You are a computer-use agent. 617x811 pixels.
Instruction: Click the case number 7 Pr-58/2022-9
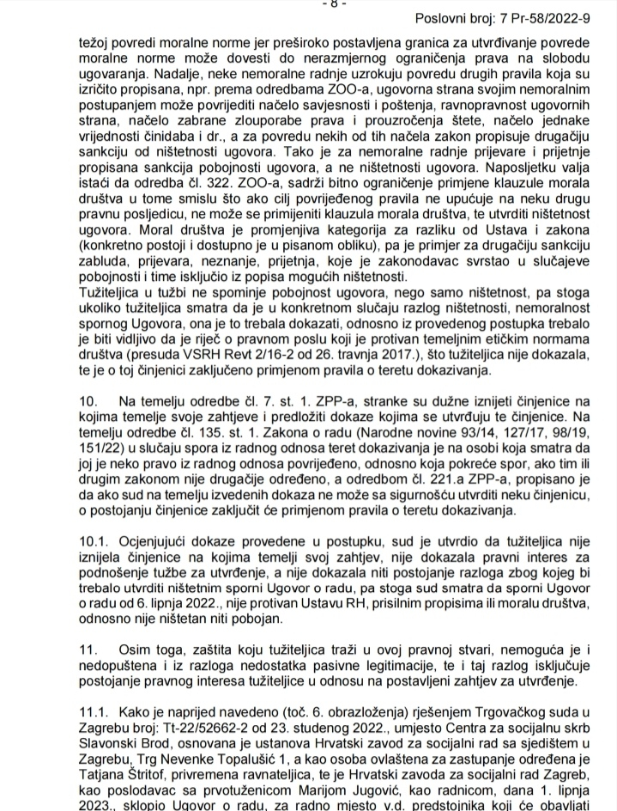[554, 18]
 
